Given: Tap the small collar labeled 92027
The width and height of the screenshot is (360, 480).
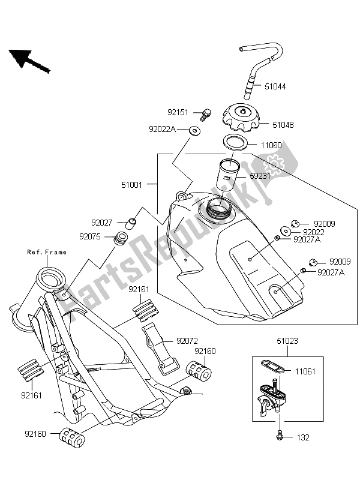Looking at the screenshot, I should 133,225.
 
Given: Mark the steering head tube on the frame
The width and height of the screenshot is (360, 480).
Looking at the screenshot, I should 51,280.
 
